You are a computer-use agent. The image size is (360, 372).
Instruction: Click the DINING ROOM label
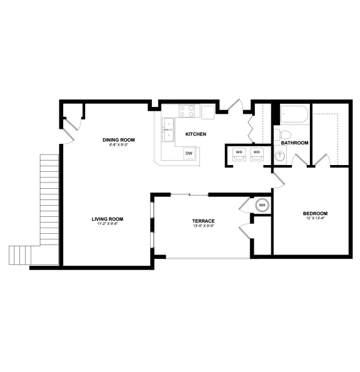[x=119, y=139]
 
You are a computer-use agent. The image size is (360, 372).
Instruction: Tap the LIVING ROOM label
[x=107, y=219]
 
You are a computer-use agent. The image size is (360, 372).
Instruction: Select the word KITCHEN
[x=196, y=134]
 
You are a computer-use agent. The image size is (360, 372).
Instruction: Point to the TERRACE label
[x=204, y=221]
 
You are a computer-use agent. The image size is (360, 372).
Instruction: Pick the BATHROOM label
[x=294, y=143]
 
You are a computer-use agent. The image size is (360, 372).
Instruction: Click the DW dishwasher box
[x=188, y=153]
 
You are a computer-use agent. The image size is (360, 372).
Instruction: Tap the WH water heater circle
[x=262, y=205]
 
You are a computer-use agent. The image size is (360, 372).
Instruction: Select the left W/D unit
[x=239, y=154]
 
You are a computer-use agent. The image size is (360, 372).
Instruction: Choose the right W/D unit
[x=257, y=154]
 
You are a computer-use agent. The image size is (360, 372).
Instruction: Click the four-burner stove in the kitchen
[x=187, y=111]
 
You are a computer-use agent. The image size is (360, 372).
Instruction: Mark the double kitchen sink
[x=167, y=129]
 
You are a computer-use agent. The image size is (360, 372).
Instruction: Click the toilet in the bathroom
[x=285, y=134]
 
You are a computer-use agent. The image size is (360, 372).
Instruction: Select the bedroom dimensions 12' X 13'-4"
[x=316, y=219]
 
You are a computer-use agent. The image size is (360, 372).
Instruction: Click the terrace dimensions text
[x=204, y=226]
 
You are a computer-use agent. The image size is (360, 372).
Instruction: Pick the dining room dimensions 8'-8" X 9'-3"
[x=119, y=144]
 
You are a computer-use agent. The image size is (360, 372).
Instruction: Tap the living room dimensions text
[x=107, y=224]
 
